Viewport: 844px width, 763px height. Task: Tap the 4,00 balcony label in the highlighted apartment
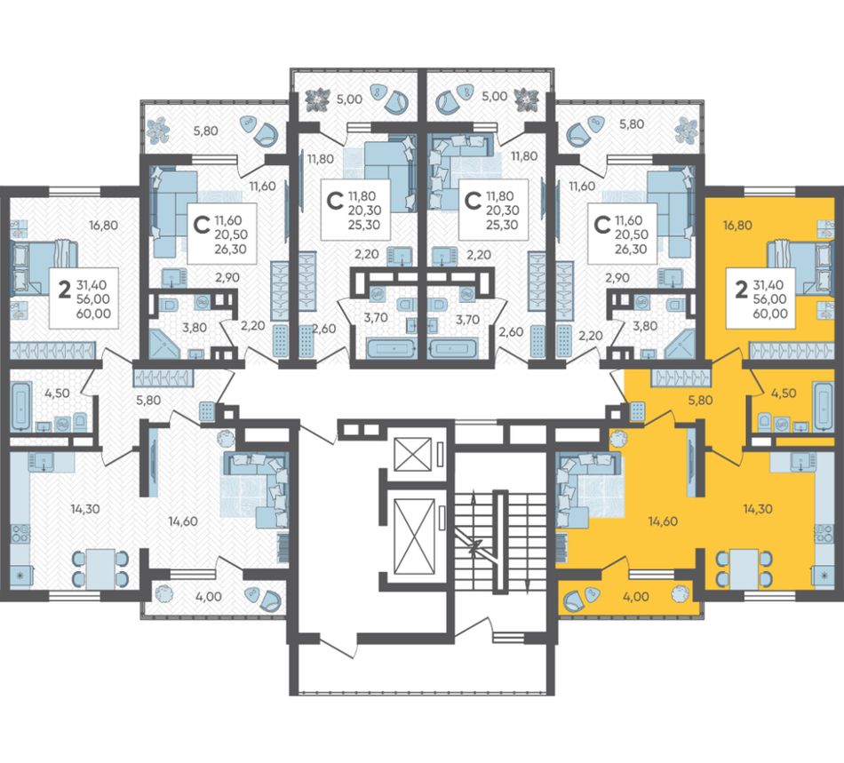click(636, 597)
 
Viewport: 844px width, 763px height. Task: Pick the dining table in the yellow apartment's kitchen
click(744, 568)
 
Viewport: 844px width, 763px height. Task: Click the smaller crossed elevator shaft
click(413, 454)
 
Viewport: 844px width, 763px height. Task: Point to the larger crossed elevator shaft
click(415, 536)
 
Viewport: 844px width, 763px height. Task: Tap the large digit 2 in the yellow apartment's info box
click(741, 290)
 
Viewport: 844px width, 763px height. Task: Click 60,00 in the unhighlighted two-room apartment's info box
click(93, 314)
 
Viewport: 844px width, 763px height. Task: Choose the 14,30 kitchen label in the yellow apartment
click(757, 508)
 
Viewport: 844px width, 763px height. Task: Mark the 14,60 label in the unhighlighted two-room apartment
click(182, 521)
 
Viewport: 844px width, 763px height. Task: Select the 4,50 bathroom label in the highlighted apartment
click(784, 393)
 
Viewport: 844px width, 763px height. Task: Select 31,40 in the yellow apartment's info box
click(769, 284)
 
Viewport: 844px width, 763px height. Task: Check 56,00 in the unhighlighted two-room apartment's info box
click(93, 298)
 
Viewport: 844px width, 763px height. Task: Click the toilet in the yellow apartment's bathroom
click(763, 421)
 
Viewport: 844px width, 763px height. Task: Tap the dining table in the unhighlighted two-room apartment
click(100, 568)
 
